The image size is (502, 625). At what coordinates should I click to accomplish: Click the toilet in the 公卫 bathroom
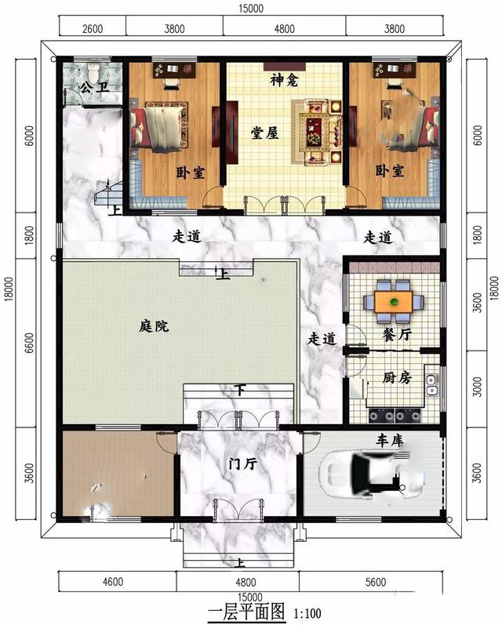93,71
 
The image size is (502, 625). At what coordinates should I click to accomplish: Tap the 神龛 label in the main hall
284,80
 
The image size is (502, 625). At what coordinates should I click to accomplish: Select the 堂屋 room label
265,133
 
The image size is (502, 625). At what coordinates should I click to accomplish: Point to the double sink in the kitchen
431,385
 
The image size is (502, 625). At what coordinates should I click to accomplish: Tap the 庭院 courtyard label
154,326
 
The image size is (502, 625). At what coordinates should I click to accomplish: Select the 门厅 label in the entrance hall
243,464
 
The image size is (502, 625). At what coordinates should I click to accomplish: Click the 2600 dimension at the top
93,29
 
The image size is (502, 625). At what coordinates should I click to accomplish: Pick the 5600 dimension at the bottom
375,583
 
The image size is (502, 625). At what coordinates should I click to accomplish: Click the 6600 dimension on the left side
29,343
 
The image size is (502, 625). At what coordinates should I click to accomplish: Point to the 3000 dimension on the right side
477,387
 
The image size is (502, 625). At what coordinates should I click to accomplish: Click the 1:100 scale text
307,613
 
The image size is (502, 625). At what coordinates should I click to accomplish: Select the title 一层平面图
246,612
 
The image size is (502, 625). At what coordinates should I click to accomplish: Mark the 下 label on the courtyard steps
239,390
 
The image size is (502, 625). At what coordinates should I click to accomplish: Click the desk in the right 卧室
395,70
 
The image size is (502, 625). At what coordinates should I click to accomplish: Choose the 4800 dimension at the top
284,29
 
